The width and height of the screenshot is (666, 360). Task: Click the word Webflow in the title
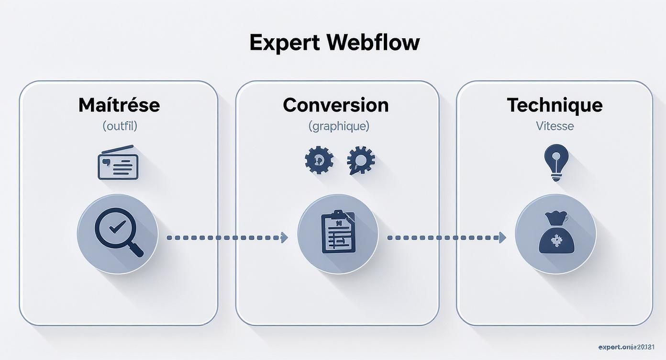(x=374, y=43)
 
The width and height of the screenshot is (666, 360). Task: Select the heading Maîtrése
(x=119, y=105)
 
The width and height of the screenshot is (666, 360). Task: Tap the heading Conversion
(x=336, y=105)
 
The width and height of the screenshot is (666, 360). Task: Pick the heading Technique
(x=555, y=105)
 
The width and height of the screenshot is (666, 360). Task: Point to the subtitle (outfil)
(x=120, y=126)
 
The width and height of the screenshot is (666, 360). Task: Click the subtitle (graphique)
(x=339, y=126)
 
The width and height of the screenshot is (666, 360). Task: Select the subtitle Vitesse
(x=555, y=126)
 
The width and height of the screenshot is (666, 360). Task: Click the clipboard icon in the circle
(x=338, y=232)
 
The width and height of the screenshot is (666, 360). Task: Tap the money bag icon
(x=556, y=234)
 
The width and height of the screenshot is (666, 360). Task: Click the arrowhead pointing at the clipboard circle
(x=285, y=237)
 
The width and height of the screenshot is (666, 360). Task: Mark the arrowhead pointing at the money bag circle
(x=502, y=237)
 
